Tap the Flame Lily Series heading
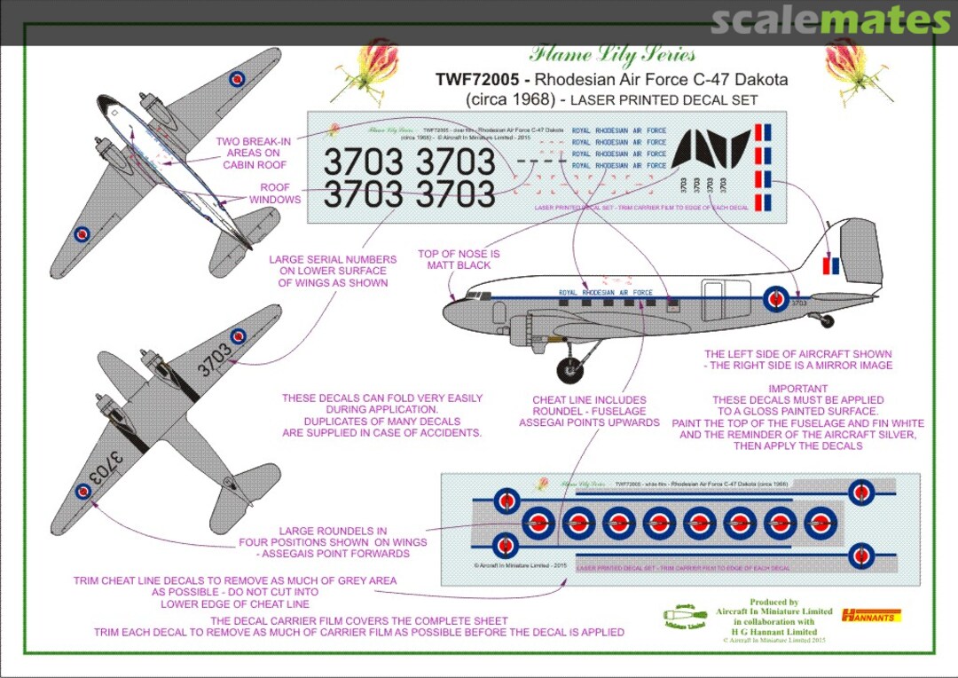click(x=612, y=54)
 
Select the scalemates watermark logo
click(x=830, y=20)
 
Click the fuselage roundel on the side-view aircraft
click(x=776, y=299)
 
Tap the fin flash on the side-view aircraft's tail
click(x=832, y=264)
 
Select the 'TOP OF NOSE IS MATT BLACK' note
click(x=459, y=259)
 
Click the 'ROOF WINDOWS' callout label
click(x=280, y=193)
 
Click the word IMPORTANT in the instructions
click(x=797, y=389)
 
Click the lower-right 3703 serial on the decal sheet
click(x=456, y=193)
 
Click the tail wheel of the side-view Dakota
click(x=826, y=320)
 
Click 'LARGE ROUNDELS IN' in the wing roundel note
click(x=333, y=531)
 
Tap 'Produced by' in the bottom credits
click(x=773, y=602)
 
